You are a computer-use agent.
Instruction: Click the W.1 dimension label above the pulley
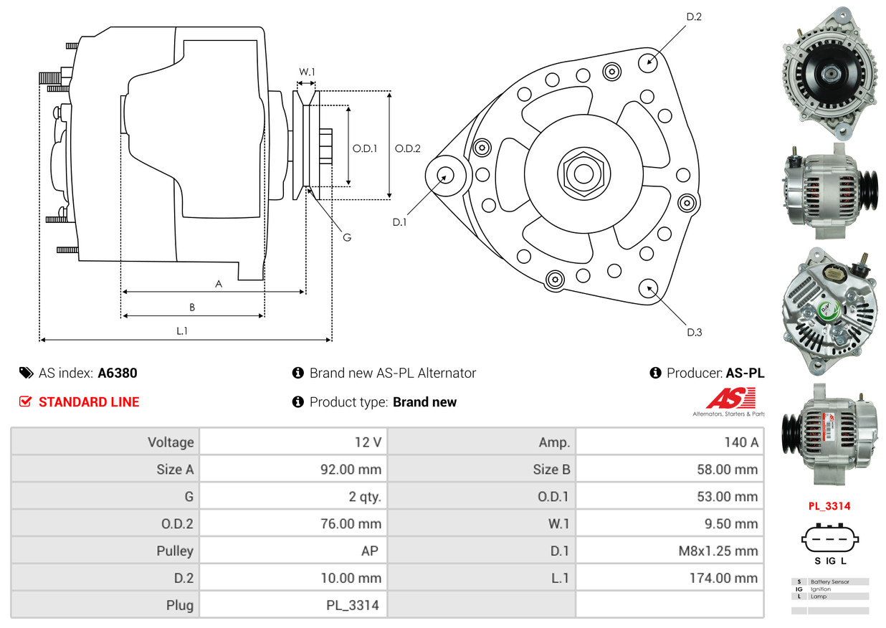click(307, 72)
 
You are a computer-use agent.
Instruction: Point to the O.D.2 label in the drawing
click(408, 148)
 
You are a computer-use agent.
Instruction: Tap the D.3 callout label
click(695, 332)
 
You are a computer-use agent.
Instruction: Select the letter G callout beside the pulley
click(347, 237)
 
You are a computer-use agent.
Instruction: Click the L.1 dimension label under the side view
click(182, 330)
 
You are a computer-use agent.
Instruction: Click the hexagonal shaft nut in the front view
click(583, 173)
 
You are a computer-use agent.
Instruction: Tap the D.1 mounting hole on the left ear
click(445, 176)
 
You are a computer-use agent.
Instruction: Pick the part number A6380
click(118, 373)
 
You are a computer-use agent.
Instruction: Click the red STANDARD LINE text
click(89, 401)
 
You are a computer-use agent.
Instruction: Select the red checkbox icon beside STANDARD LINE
click(25, 401)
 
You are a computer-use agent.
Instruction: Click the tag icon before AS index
click(27, 373)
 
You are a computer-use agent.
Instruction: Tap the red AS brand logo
click(731, 398)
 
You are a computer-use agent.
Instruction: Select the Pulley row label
click(175, 551)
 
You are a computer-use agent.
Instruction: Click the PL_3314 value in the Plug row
click(353, 605)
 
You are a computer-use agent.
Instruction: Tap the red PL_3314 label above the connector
click(829, 506)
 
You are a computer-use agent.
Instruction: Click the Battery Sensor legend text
click(830, 581)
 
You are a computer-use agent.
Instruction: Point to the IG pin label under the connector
click(831, 561)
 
